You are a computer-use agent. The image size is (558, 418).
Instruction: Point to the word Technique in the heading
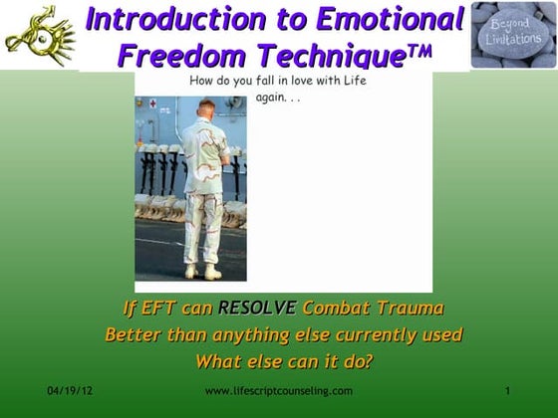[332, 56]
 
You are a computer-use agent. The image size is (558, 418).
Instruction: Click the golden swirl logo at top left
[39, 34]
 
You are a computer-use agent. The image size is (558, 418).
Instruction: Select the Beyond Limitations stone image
[513, 34]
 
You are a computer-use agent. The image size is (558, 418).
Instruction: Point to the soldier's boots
[203, 271]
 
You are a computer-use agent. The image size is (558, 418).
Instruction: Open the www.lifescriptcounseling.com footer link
[279, 390]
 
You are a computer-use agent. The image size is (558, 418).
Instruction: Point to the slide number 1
[508, 390]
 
